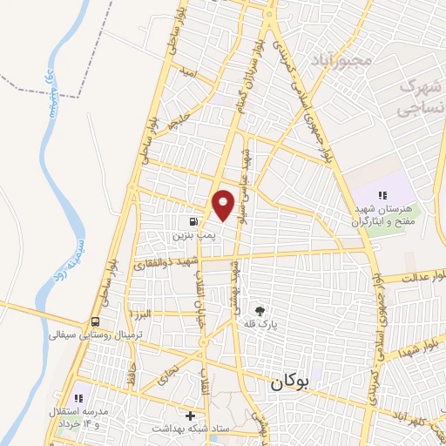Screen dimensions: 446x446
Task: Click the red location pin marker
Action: click(224, 204)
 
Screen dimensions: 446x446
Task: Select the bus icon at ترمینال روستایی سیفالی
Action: click(94, 321)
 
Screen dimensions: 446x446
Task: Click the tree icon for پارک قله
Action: click(259, 309)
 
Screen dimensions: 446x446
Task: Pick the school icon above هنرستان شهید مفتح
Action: click(382, 195)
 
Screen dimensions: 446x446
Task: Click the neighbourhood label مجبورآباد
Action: click(343, 60)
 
